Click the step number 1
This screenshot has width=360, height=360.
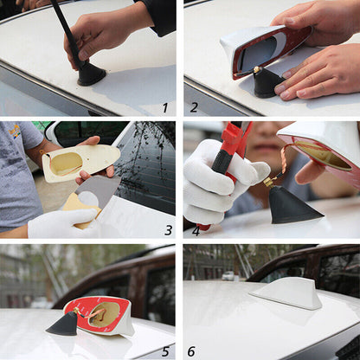point(164,107)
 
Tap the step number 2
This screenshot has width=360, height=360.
point(194,107)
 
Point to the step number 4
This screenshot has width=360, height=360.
point(196,230)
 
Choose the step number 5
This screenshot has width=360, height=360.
point(165,352)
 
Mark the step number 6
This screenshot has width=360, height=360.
point(191,352)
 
